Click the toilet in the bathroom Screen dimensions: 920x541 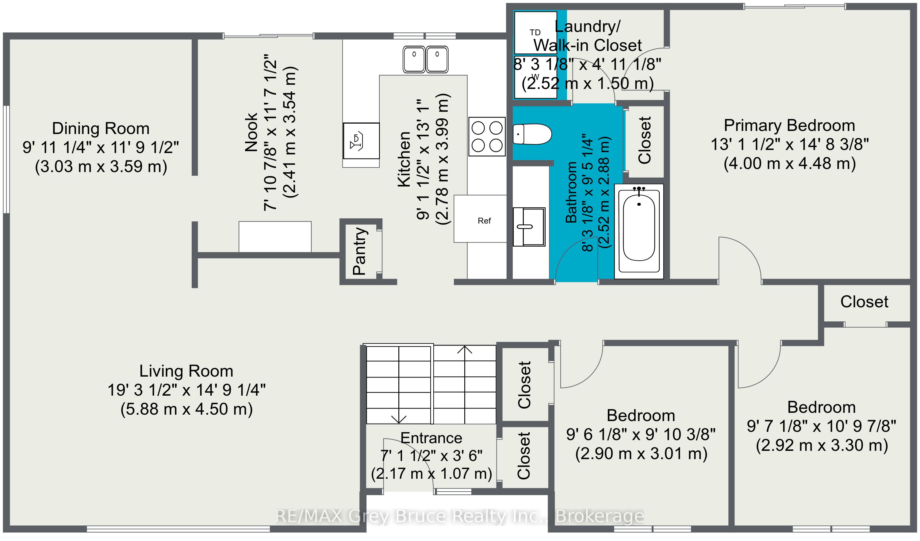pyautogui.click(x=532, y=134)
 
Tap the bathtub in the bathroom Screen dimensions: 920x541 pyautogui.click(x=639, y=232)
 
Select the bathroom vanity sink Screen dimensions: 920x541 pyautogui.click(x=529, y=227)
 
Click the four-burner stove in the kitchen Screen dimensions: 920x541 pyautogui.click(x=487, y=136)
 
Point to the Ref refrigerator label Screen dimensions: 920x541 pyautogui.click(x=485, y=221)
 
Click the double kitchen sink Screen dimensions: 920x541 pyautogui.click(x=425, y=59)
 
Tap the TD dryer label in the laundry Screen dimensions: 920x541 pyautogui.click(x=535, y=33)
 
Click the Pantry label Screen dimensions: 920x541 pyautogui.click(x=360, y=251)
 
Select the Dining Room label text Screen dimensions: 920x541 pyautogui.click(x=101, y=129)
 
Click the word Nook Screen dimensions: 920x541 pyautogui.click(x=252, y=132)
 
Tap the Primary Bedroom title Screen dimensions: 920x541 pyautogui.click(x=790, y=125)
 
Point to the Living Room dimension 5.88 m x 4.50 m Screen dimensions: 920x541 pyautogui.click(x=186, y=409)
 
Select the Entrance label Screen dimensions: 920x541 pyautogui.click(x=431, y=438)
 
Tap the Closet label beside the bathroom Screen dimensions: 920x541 pyautogui.click(x=645, y=140)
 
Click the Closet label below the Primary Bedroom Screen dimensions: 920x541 pyautogui.click(x=864, y=302)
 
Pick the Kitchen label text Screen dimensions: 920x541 pyautogui.click(x=404, y=159)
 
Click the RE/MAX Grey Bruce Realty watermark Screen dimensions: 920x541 pyautogui.click(x=460, y=516)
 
